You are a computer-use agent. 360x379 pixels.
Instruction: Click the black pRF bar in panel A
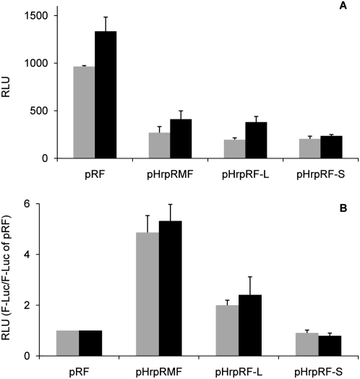106,95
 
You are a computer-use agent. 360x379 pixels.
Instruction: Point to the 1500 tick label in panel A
35,15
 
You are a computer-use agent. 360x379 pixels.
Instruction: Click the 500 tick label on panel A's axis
38,111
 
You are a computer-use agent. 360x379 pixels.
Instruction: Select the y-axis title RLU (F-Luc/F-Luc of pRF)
9,279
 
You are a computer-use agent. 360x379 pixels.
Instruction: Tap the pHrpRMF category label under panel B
169,369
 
